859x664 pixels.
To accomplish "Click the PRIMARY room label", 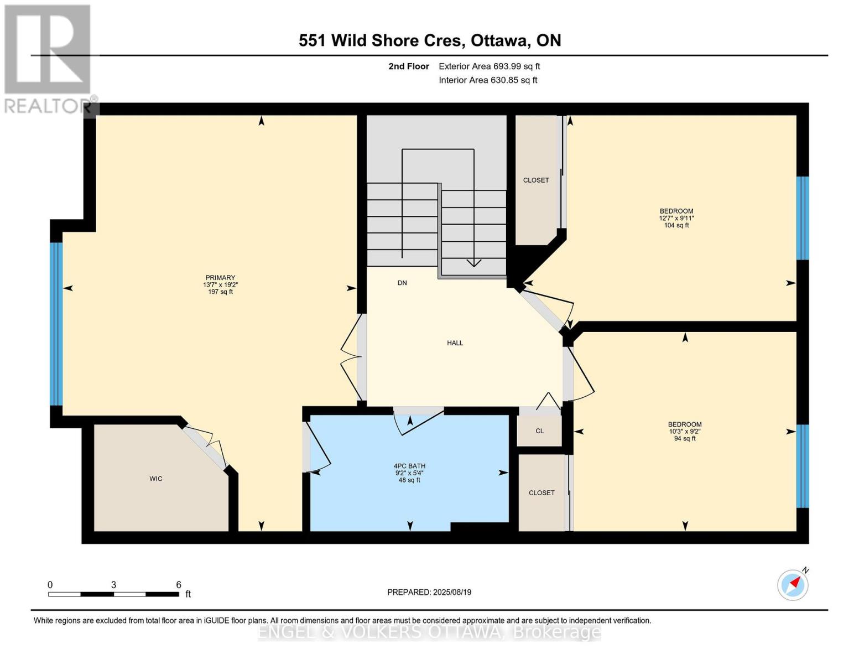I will click(220, 278).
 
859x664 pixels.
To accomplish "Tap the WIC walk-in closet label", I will click(156, 479).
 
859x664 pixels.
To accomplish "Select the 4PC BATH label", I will click(409, 466).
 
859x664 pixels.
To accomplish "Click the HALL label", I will click(455, 343).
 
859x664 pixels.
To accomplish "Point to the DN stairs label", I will click(402, 283).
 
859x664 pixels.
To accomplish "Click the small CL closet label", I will click(539, 431).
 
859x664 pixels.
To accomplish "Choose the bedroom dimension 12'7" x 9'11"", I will click(676, 218).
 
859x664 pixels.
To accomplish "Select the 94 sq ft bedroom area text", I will click(684, 439).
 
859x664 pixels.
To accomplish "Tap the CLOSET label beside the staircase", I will click(536, 180).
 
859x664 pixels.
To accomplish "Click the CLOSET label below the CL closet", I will click(542, 493).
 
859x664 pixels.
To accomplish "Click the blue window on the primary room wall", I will click(56, 324).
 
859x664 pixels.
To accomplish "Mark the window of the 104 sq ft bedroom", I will click(802, 218).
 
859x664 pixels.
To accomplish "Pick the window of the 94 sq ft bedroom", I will click(802, 466).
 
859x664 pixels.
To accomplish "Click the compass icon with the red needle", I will click(793, 585).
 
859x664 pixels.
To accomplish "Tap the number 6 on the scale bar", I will click(178, 585).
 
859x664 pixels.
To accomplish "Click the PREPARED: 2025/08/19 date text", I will click(429, 592).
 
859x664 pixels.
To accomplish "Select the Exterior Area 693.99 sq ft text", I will click(489, 66).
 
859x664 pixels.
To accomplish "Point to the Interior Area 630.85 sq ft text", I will click(488, 80).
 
